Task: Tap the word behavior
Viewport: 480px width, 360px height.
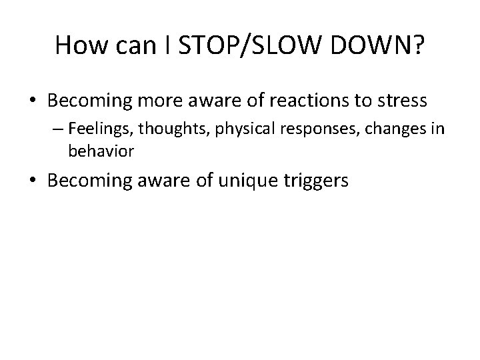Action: [101, 151]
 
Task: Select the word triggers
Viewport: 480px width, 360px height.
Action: [317, 180]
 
